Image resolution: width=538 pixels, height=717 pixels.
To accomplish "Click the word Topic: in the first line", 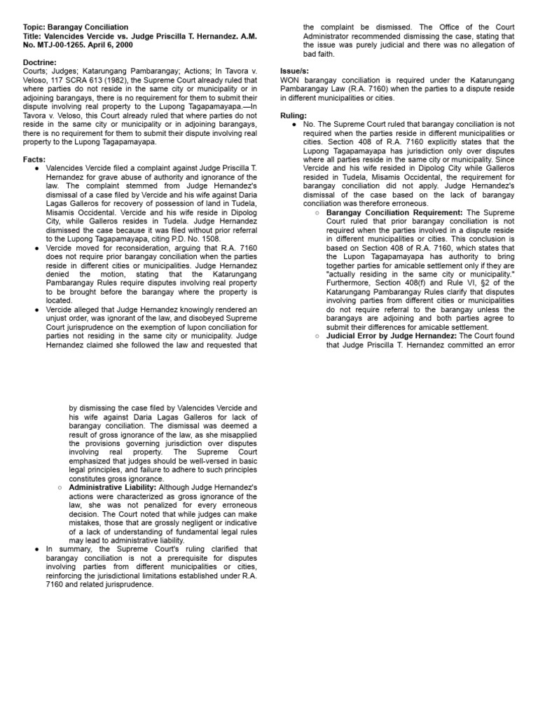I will coord(34,27).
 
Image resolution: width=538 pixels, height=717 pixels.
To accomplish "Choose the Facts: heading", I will coord(34,160).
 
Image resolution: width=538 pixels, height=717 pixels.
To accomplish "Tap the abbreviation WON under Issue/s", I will coord(289,81).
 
